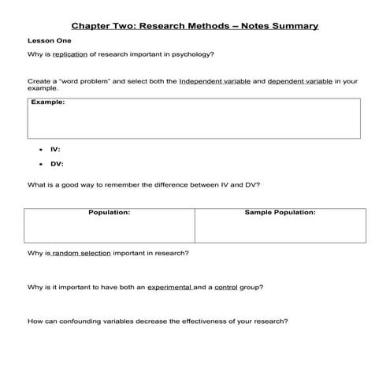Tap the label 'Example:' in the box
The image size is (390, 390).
pos(47,102)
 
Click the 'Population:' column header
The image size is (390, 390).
pos(110,213)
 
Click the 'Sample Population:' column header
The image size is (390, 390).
pos(280,213)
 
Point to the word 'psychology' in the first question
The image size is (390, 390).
pos(194,54)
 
